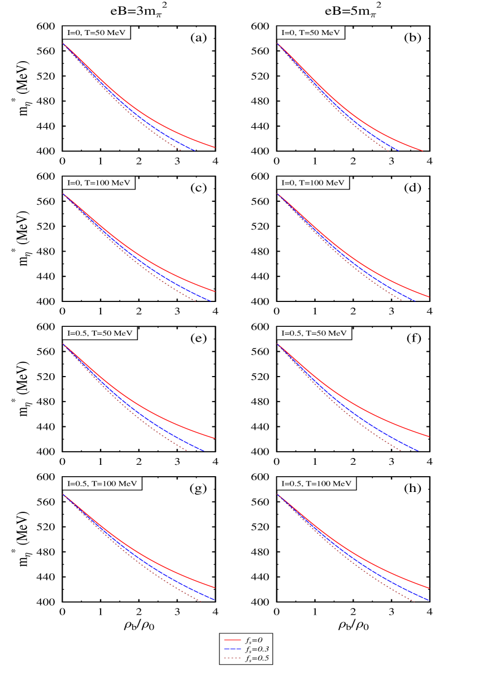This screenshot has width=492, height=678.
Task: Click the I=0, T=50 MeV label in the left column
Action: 97,33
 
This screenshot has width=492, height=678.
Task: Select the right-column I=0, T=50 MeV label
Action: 311,33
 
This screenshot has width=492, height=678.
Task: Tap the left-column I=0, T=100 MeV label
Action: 98,183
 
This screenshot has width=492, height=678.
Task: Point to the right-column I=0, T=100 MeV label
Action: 313,183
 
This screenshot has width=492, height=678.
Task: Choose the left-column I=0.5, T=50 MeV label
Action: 99,334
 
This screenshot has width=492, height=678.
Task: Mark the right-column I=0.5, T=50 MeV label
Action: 314,334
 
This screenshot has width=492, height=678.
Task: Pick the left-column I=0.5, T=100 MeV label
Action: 102,484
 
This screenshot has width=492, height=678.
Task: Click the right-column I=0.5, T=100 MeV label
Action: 316,484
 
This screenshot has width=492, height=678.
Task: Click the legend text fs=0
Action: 254,640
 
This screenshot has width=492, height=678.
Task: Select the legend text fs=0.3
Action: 256,649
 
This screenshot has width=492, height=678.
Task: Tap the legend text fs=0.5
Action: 256,658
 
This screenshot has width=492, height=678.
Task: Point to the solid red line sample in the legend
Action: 233,640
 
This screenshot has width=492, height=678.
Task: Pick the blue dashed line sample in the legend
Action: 233,649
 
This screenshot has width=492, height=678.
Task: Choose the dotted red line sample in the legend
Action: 233,658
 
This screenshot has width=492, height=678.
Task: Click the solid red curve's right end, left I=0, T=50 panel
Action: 215,147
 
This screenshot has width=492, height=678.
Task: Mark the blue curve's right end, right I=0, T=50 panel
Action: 399,151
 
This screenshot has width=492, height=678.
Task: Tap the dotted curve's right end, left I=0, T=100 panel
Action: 195,301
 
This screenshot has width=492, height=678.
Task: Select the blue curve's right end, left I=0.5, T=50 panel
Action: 203,451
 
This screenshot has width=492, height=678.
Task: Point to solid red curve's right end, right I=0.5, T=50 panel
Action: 430,437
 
